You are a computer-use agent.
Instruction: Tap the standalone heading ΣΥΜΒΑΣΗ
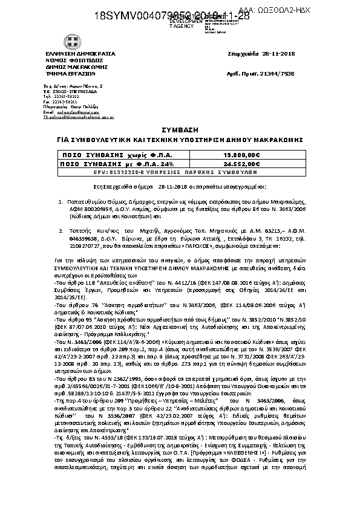(x=180, y=129)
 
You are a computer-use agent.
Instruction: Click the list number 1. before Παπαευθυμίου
(x=61, y=199)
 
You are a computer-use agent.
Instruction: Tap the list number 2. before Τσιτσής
(x=61, y=230)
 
